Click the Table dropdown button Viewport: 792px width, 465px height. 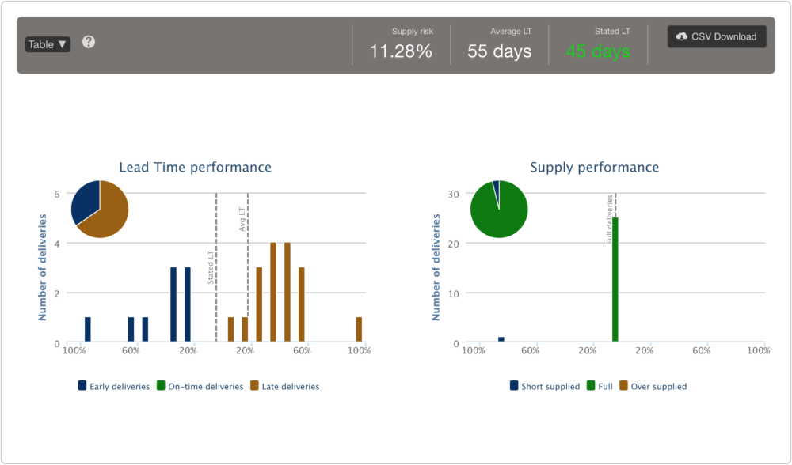(x=48, y=44)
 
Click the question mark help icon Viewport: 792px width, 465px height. (x=89, y=42)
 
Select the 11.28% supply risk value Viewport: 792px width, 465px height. (x=401, y=52)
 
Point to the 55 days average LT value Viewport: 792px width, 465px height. (x=499, y=52)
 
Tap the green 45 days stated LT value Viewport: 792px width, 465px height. (x=598, y=52)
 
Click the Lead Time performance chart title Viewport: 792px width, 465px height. (x=195, y=168)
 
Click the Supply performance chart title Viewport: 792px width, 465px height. (x=594, y=168)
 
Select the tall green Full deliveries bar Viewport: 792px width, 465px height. (x=615, y=280)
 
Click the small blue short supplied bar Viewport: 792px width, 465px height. (x=501, y=339)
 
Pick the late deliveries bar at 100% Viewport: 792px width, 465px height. (x=359, y=330)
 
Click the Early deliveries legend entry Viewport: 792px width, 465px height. (x=114, y=387)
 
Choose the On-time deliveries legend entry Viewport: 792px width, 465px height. (x=200, y=387)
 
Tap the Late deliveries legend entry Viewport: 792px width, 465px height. (x=285, y=387)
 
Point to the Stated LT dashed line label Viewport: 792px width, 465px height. (x=210, y=267)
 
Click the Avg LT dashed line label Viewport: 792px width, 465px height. (x=242, y=218)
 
